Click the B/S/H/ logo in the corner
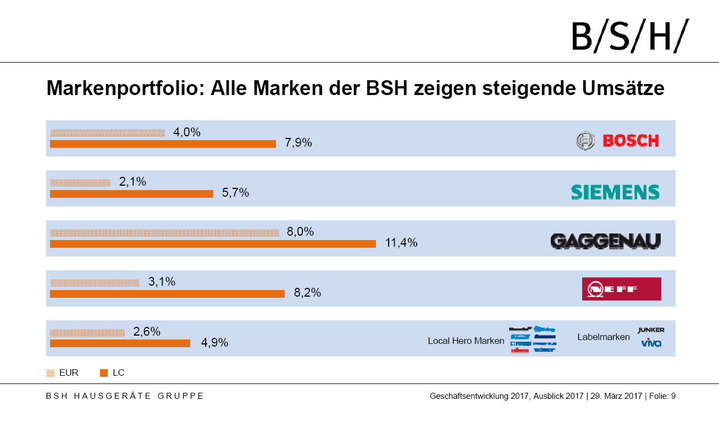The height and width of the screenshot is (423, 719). pos(629,36)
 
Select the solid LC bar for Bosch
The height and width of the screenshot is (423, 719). pos(163,144)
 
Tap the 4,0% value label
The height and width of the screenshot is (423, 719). pos(187,132)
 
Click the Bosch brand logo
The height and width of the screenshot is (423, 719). pos(617,141)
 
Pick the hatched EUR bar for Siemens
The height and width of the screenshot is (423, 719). pos(80,182)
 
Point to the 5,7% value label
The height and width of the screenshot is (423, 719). pos(235,193)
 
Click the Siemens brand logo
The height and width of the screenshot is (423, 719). pos(615,192)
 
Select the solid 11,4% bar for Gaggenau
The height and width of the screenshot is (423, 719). pos(213,244)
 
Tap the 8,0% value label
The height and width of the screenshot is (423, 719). pos(300,232)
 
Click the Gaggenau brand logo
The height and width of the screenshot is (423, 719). pos(605,241)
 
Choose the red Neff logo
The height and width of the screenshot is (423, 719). pos(621,289)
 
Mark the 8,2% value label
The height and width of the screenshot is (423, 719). pos(307,293)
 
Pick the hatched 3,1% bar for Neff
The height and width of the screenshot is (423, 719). pos(95,283)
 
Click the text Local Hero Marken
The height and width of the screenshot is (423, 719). pos(466,341)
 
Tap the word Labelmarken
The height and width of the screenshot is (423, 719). pos(603,337)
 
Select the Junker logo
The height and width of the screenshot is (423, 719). pos(651,330)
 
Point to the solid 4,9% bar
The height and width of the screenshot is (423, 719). pos(120,343)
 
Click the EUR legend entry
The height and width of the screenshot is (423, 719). pos(63,373)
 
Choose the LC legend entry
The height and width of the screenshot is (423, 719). pos(112,373)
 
